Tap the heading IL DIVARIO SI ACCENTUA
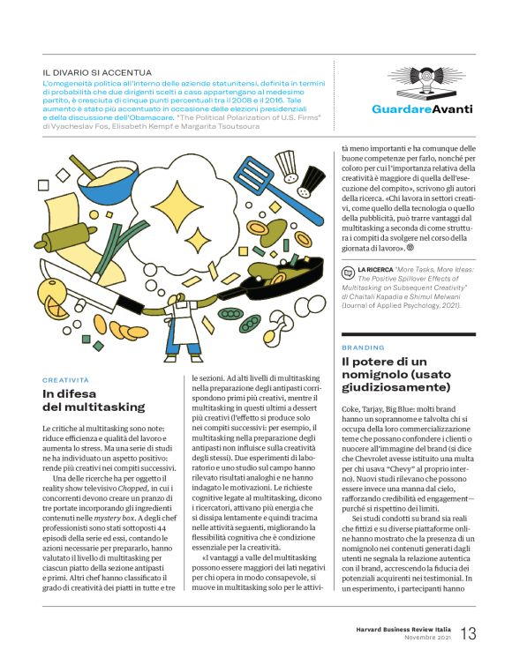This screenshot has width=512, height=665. (x=97, y=72)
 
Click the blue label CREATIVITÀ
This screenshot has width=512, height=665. (x=66, y=379)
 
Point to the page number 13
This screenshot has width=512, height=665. (x=469, y=633)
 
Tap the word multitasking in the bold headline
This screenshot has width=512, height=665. (x=94, y=407)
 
